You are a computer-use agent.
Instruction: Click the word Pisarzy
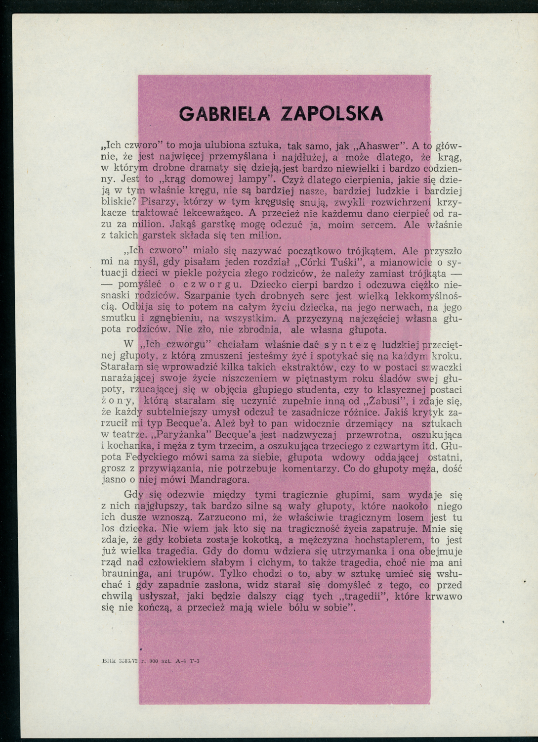click(x=158, y=202)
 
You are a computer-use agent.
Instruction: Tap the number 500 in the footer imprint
click(x=151, y=660)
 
